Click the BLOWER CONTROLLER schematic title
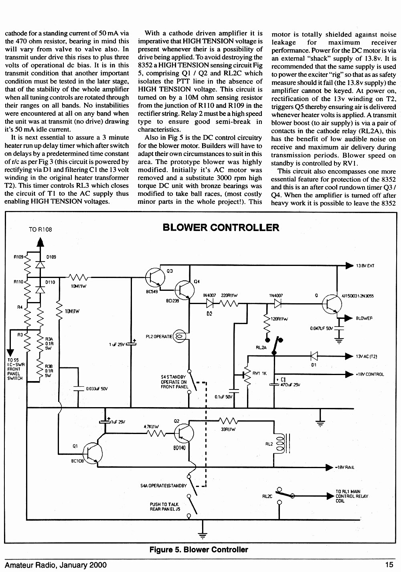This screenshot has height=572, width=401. [x=221, y=227]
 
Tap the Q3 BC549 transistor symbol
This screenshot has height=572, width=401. [x=155, y=277]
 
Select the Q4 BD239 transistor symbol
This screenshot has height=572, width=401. [x=184, y=290]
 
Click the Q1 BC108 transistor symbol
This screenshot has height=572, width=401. [x=92, y=454]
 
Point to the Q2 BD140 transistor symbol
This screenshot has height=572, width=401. [x=184, y=433]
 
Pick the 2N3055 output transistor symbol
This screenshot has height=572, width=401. [x=332, y=304]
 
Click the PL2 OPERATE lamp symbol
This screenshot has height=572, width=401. [x=179, y=336]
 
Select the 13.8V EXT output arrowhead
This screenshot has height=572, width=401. [x=349, y=265]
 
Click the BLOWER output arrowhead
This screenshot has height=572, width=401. [x=348, y=318]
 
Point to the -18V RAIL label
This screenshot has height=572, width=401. [x=344, y=467]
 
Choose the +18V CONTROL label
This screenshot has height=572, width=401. [x=370, y=374]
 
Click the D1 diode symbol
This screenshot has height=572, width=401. [x=314, y=356]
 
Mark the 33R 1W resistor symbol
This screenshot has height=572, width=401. [x=228, y=420]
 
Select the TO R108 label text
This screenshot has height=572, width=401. [x=41, y=229]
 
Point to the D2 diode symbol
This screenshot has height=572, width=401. [x=210, y=304]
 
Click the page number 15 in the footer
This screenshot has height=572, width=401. [x=390, y=565]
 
